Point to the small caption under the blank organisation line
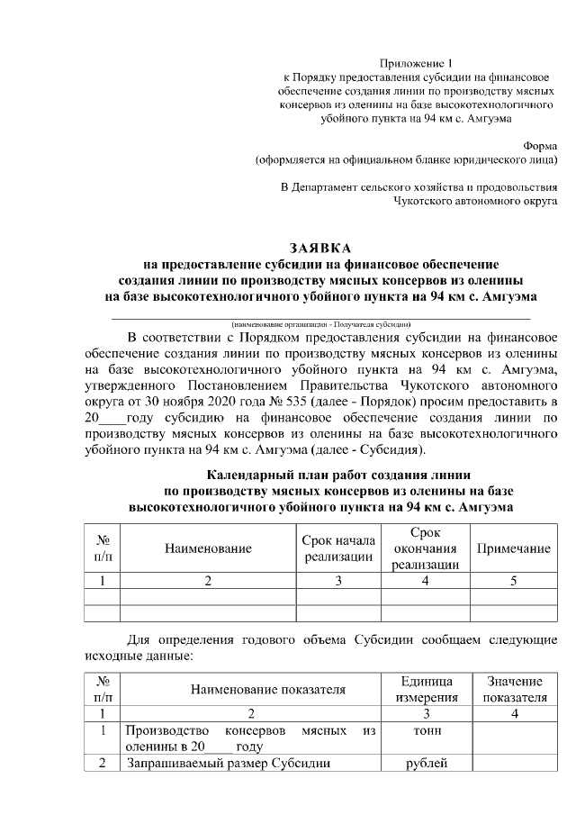(320, 322)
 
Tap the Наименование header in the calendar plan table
(208, 548)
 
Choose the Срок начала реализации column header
(338, 548)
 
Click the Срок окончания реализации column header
(425, 548)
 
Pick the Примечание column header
(513, 548)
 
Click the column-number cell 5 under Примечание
(513, 581)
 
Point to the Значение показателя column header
(515, 690)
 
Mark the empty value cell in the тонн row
(515, 738)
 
